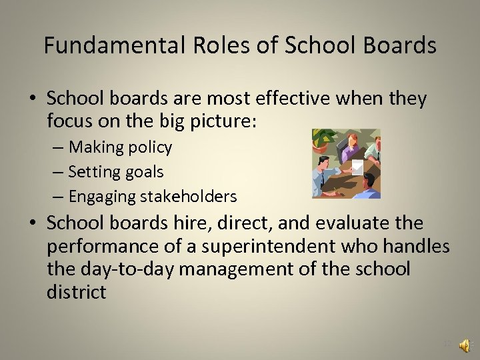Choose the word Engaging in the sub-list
tap(101, 197)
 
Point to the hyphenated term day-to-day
tap(133, 270)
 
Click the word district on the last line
tap(76, 293)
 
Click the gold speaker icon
tap(466, 345)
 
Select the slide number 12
tap(448, 345)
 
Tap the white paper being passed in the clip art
tap(357, 167)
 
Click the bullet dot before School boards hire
tap(32, 223)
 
